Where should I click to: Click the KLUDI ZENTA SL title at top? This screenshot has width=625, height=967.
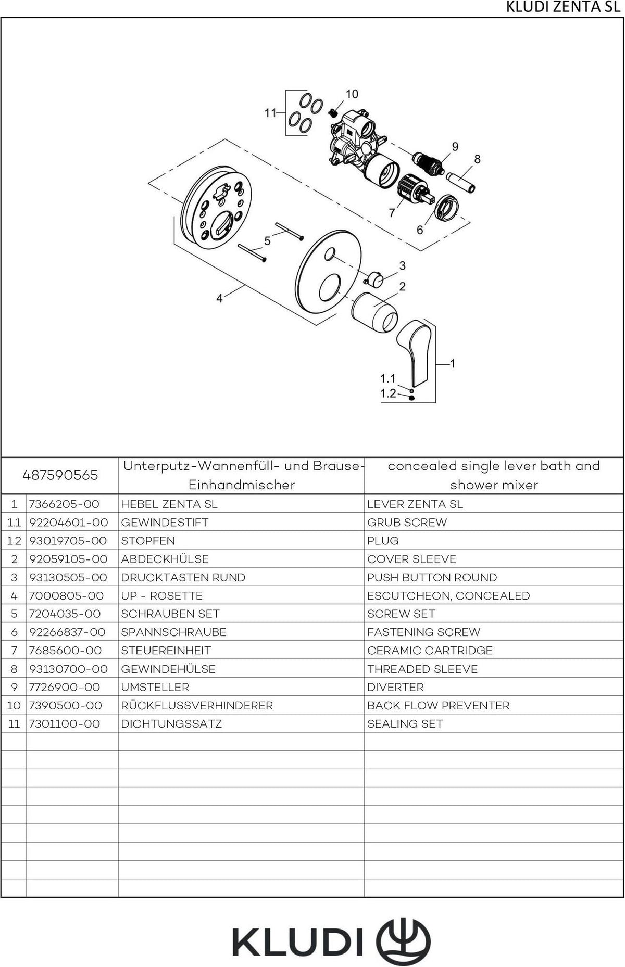(x=563, y=8)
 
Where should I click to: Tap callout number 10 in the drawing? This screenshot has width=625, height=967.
(x=352, y=94)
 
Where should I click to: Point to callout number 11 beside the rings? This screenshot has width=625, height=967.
(x=270, y=112)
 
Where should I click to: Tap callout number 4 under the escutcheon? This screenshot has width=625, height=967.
(x=219, y=298)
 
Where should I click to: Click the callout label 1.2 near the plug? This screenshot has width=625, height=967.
(x=388, y=393)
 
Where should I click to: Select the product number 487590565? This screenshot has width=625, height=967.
(x=60, y=475)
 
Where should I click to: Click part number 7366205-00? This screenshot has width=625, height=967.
(x=64, y=504)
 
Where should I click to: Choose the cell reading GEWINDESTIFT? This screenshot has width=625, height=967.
(x=165, y=523)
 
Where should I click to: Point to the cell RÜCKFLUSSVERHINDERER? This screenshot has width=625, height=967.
(x=197, y=706)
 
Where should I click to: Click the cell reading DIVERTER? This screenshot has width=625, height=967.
(x=395, y=688)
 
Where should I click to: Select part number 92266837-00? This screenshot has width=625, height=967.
(x=67, y=632)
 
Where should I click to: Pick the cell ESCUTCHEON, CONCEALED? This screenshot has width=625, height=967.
(x=448, y=596)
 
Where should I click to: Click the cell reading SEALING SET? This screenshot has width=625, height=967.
(x=405, y=724)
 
